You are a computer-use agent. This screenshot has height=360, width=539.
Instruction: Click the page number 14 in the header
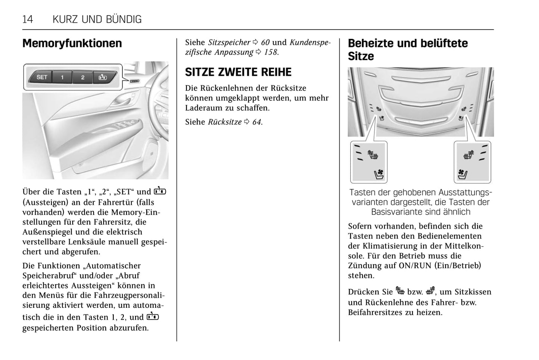(28, 19)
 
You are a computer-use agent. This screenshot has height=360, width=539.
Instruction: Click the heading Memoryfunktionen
(72, 43)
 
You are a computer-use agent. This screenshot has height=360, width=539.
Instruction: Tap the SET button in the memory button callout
(42, 77)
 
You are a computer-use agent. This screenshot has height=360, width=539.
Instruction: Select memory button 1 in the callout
(62, 78)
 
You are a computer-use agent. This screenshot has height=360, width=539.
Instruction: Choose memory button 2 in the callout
(82, 78)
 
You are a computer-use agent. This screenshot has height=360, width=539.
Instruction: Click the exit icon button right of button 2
(103, 78)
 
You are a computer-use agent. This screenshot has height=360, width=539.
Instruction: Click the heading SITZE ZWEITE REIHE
(238, 72)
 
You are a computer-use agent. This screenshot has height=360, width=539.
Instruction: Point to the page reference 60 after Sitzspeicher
(265, 43)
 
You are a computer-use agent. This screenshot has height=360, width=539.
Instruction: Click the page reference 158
(271, 52)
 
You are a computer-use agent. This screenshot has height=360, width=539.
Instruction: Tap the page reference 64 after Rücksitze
(257, 122)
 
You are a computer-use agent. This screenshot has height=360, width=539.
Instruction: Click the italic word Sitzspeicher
(229, 43)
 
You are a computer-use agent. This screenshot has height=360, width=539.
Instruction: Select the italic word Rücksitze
(225, 122)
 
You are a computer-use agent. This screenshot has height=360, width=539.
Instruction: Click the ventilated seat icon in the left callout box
(379, 174)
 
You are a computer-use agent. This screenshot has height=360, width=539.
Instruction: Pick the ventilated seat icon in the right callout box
(463, 174)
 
